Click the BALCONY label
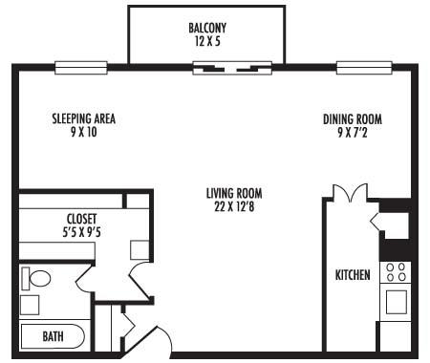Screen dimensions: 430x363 (207, 28)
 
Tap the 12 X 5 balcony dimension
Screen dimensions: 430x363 (207, 41)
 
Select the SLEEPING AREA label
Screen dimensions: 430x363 (83, 118)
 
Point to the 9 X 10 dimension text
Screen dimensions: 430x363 (83, 132)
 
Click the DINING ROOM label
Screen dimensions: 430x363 (353, 119)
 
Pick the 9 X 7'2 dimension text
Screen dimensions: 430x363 (353, 132)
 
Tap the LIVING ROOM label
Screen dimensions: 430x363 (234, 194)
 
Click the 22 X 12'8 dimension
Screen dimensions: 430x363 (234, 207)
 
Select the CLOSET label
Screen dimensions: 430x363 (81, 219)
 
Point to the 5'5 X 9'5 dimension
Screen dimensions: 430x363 (81, 232)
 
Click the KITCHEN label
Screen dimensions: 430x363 (353, 275)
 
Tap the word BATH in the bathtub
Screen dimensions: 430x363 (53, 336)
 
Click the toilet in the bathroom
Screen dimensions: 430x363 (36, 279)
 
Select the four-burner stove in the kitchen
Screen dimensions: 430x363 (396, 272)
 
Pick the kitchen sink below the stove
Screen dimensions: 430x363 (397, 302)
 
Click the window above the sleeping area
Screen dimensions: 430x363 (81, 68)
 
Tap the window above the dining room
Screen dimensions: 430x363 (364, 68)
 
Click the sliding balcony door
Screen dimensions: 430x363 (232, 68)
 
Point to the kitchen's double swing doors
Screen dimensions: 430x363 (351, 193)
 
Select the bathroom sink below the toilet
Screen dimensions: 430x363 (30, 305)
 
